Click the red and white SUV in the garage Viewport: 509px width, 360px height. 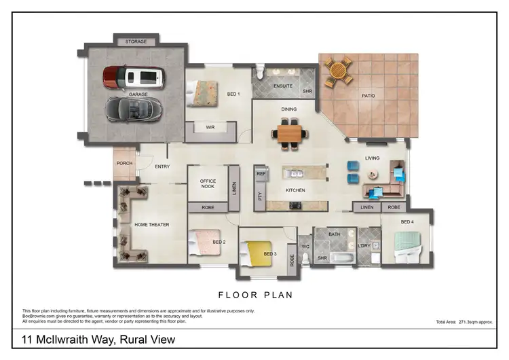[133, 78]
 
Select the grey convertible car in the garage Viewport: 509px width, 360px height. [134, 107]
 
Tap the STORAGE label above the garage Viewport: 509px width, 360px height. [136, 42]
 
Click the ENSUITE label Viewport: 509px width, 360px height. [282, 86]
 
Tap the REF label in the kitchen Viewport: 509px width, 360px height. [261, 174]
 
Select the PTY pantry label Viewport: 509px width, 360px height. [260, 196]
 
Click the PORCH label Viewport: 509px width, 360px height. [124, 163]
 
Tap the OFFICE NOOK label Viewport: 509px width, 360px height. [208, 184]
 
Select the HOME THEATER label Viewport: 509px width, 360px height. [151, 225]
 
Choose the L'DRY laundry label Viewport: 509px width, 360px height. [364, 246]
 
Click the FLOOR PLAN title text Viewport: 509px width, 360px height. [254, 295]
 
